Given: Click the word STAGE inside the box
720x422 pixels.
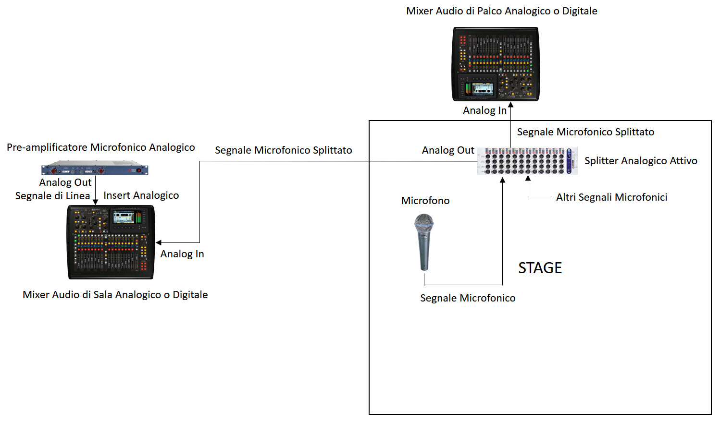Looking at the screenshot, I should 540,268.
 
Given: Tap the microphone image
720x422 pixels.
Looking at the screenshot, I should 424,242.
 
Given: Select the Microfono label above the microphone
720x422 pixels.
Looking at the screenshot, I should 425,201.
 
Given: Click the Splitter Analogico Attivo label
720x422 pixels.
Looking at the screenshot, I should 641,161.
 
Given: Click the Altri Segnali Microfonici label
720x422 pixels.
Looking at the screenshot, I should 611,197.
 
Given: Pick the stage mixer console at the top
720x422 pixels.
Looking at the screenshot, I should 496,64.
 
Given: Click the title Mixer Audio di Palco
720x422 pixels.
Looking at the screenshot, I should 501,11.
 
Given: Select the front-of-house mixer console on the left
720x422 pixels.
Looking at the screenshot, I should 111,242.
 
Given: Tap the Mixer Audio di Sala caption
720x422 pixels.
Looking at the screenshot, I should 115,295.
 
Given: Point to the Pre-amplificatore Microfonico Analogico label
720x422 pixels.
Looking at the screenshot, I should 100,147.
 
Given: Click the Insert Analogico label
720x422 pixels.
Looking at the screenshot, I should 141,195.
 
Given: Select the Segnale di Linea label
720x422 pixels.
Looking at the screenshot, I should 52,196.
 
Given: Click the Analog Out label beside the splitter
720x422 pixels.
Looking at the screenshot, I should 448,150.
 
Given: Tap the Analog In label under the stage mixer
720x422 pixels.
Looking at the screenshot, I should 484,110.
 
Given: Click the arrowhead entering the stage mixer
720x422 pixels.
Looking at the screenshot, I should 511,105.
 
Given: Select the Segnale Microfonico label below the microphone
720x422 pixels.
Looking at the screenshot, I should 468,298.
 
